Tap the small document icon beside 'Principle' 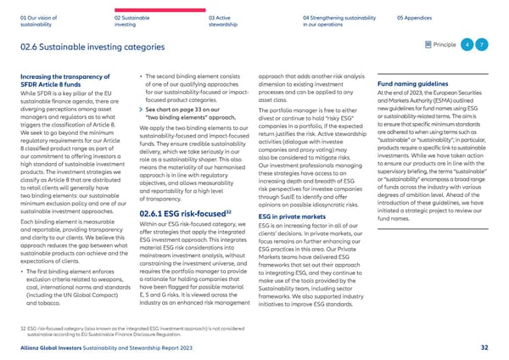point(424,44)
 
